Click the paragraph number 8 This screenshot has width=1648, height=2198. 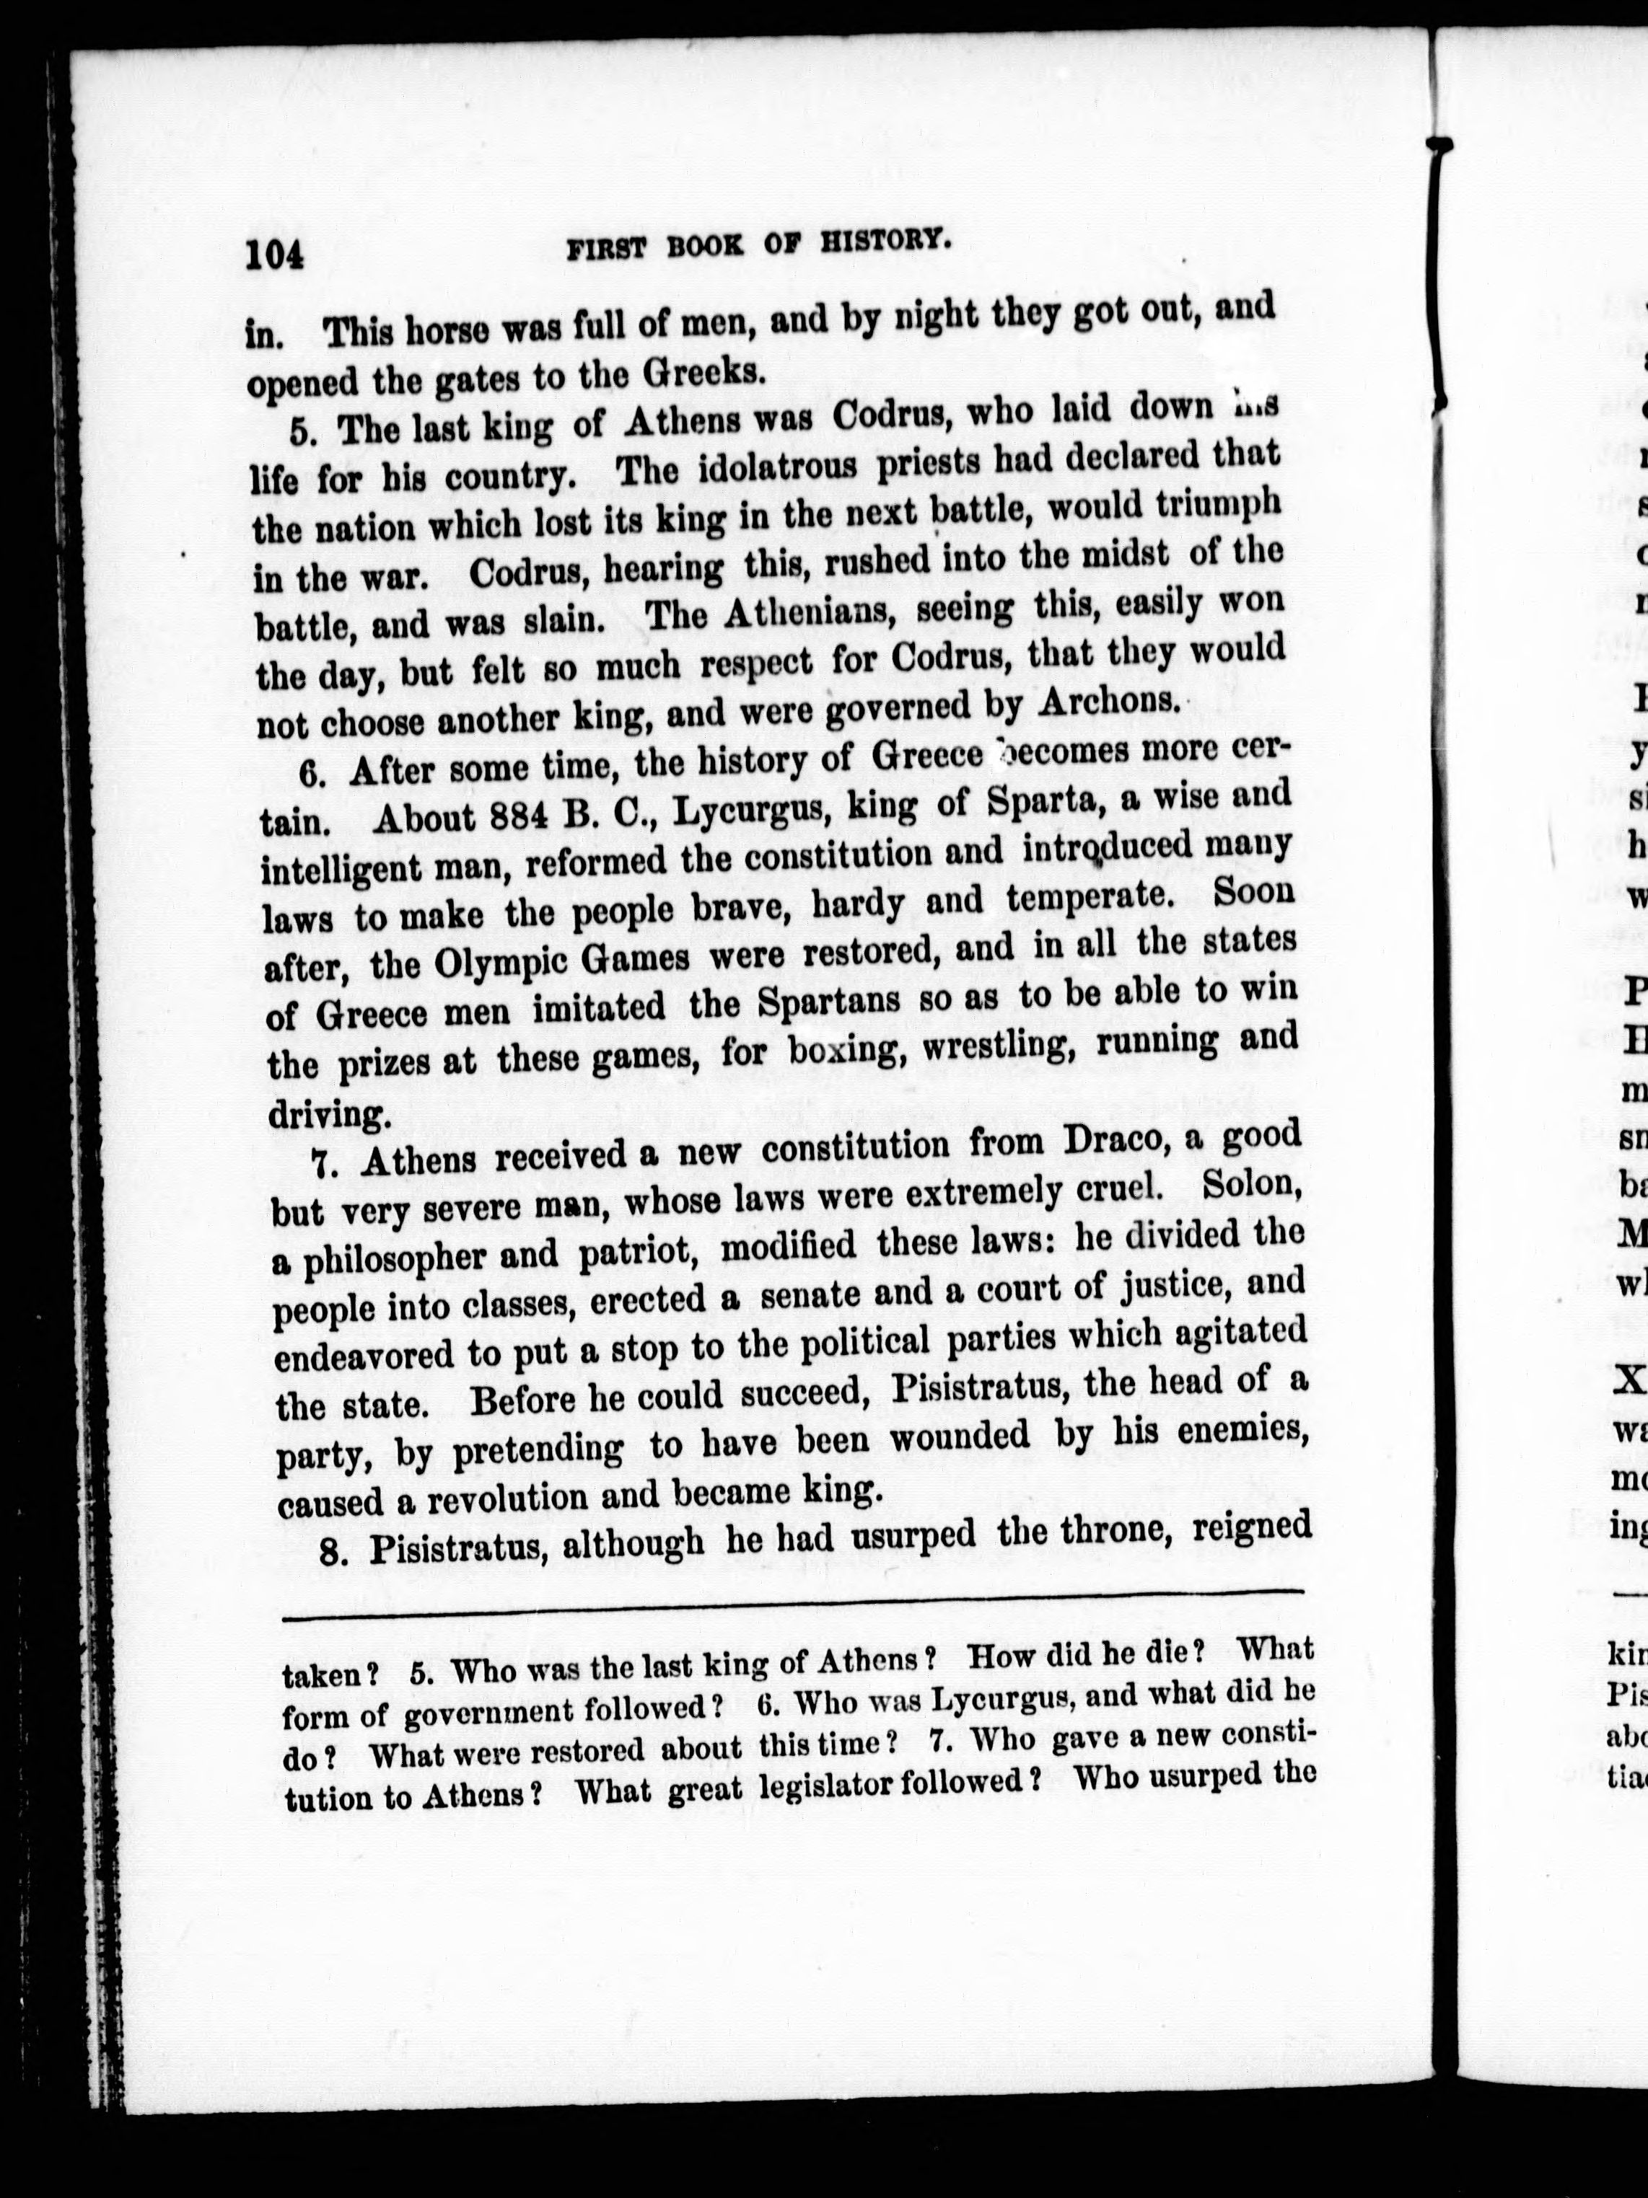[x=333, y=1551]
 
